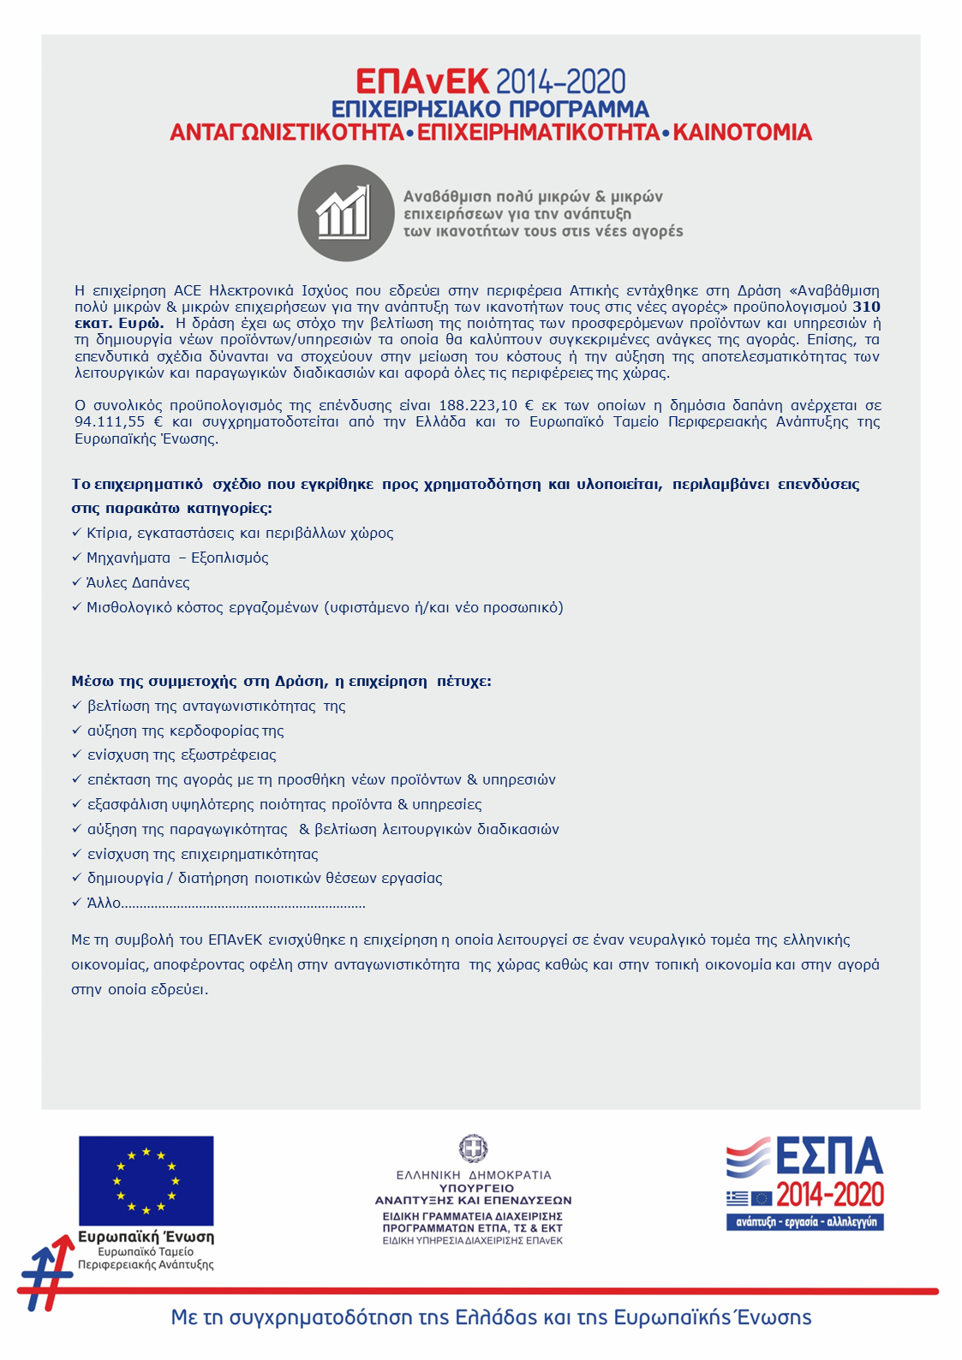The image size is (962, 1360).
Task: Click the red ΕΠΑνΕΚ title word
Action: click(422, 82)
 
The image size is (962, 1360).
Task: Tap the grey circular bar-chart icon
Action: click(345, 212)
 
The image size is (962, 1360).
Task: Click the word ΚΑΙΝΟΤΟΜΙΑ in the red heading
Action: click(742, 133)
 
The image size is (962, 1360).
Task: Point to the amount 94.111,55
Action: click(110, 421)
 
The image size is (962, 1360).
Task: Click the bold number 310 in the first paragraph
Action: click(866, 307)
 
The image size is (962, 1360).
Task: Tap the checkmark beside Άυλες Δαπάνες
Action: click(76, 582)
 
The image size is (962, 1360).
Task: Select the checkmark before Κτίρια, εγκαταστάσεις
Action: click(76, 533)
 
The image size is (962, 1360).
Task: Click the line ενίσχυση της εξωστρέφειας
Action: click(182, 755)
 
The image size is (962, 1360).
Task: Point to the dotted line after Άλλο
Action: click(243, 904)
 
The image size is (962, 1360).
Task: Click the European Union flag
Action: click(146, 1180)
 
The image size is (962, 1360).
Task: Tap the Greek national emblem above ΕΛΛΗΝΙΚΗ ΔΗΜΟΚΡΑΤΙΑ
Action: click(473, 1148)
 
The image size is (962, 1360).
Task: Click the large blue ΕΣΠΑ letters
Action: click(828, 1156)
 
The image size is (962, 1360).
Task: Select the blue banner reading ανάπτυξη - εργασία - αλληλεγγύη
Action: click(805, 1222)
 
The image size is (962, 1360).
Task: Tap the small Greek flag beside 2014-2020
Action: click(736, 1197)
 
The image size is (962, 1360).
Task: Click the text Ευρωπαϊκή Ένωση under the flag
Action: click(146, 1237)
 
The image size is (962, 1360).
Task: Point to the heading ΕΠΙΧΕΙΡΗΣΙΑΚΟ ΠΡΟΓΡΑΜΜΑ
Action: click(490, 110)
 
